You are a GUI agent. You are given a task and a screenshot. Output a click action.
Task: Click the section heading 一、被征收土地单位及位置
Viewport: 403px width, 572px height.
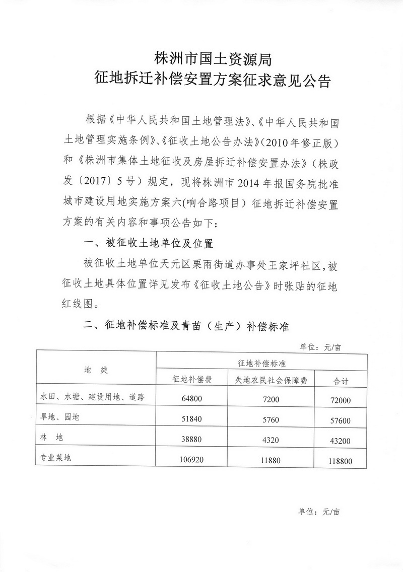click(149, 244)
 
